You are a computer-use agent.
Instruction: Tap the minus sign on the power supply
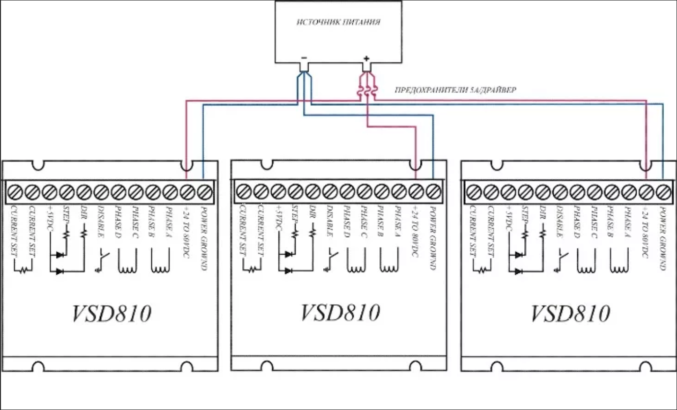click(304, 58)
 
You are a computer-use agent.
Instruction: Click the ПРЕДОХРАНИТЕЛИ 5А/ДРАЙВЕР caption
click(455, 90)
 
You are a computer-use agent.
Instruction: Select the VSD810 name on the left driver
click(111, 314)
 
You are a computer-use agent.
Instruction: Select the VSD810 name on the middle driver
click(340, 312)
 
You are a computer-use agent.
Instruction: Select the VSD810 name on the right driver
click(570, 313)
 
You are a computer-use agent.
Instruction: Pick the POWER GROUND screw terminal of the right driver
click(663, 190)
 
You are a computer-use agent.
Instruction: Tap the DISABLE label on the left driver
click(101, 222)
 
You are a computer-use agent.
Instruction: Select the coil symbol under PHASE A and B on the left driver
click(160, 263)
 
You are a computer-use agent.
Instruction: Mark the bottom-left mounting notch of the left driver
click(38, 366)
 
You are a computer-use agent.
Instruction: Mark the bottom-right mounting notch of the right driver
click(647, 366)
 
